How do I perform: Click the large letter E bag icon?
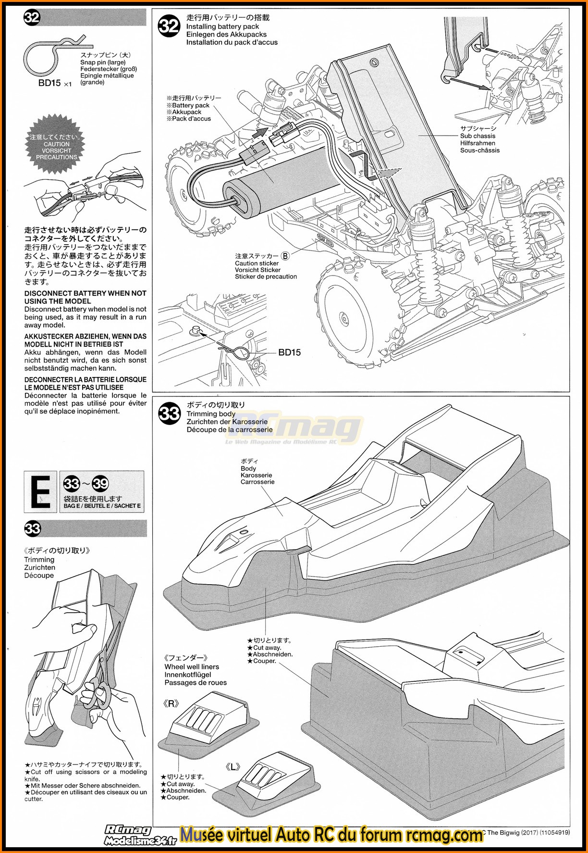click(x=40, y=491)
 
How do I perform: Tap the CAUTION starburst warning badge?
click(x=56, y=144)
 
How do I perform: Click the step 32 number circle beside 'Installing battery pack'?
click(x=169, y=25)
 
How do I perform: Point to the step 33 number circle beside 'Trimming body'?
click(x=169, y=414)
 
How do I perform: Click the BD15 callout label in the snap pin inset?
click(x=289, y=352)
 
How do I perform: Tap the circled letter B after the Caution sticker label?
click(x=285, y=256)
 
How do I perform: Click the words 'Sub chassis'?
click(x=478, y=136)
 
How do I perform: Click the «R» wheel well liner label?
click(x=171, y=704)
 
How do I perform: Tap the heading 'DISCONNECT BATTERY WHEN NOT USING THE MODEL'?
click(x=85, y=297)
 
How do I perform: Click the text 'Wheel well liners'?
click(x=191, y=667)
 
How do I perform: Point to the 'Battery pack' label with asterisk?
click(x=188, y=105)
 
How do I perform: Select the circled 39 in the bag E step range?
click(x=100, y=484)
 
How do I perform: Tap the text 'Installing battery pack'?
click(x=222, y=27)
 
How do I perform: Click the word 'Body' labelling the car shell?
click(x=248, y=468)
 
